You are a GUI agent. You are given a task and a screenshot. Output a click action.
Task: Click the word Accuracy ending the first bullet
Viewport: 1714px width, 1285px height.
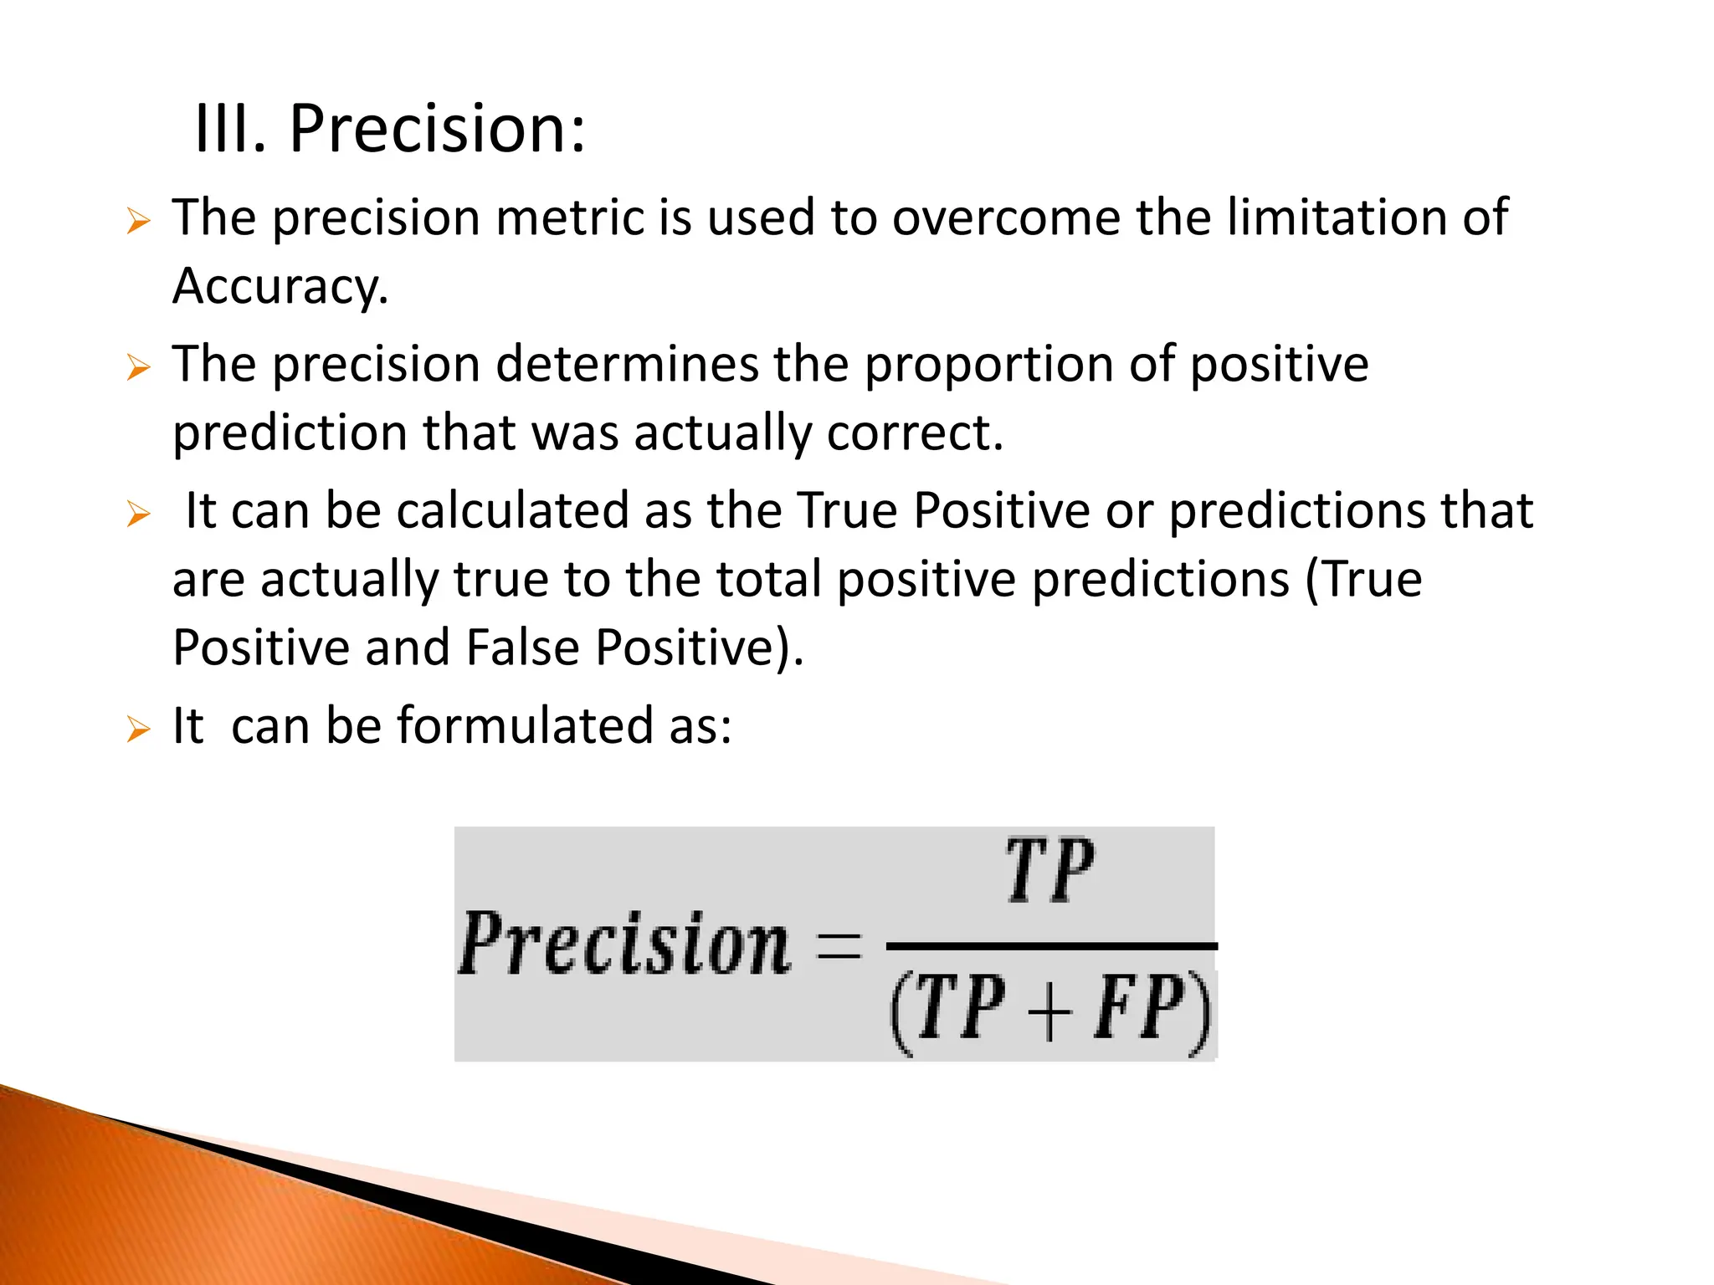coord(279,287)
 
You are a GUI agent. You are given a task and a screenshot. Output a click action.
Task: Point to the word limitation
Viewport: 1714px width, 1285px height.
coord(1337,218)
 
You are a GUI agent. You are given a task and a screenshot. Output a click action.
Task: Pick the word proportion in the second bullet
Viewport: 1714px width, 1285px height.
coord(988,365)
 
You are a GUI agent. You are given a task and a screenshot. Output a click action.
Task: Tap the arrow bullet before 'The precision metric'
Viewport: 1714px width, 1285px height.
coord(138,223)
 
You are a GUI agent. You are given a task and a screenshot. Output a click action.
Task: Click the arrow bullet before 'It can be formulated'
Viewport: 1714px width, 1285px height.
coord(138,730)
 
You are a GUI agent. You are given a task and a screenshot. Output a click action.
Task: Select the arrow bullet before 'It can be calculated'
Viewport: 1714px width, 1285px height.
coord(138,515)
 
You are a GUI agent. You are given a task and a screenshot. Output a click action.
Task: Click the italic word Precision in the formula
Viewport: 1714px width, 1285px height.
coord(624,945)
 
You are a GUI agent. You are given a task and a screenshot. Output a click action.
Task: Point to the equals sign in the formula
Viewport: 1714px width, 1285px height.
coord(838,947)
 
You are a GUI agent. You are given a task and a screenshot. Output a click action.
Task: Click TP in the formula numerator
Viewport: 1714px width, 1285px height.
coord(1049,873)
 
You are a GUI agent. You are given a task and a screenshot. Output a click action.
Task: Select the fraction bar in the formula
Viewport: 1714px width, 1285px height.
coord(1050,946)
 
